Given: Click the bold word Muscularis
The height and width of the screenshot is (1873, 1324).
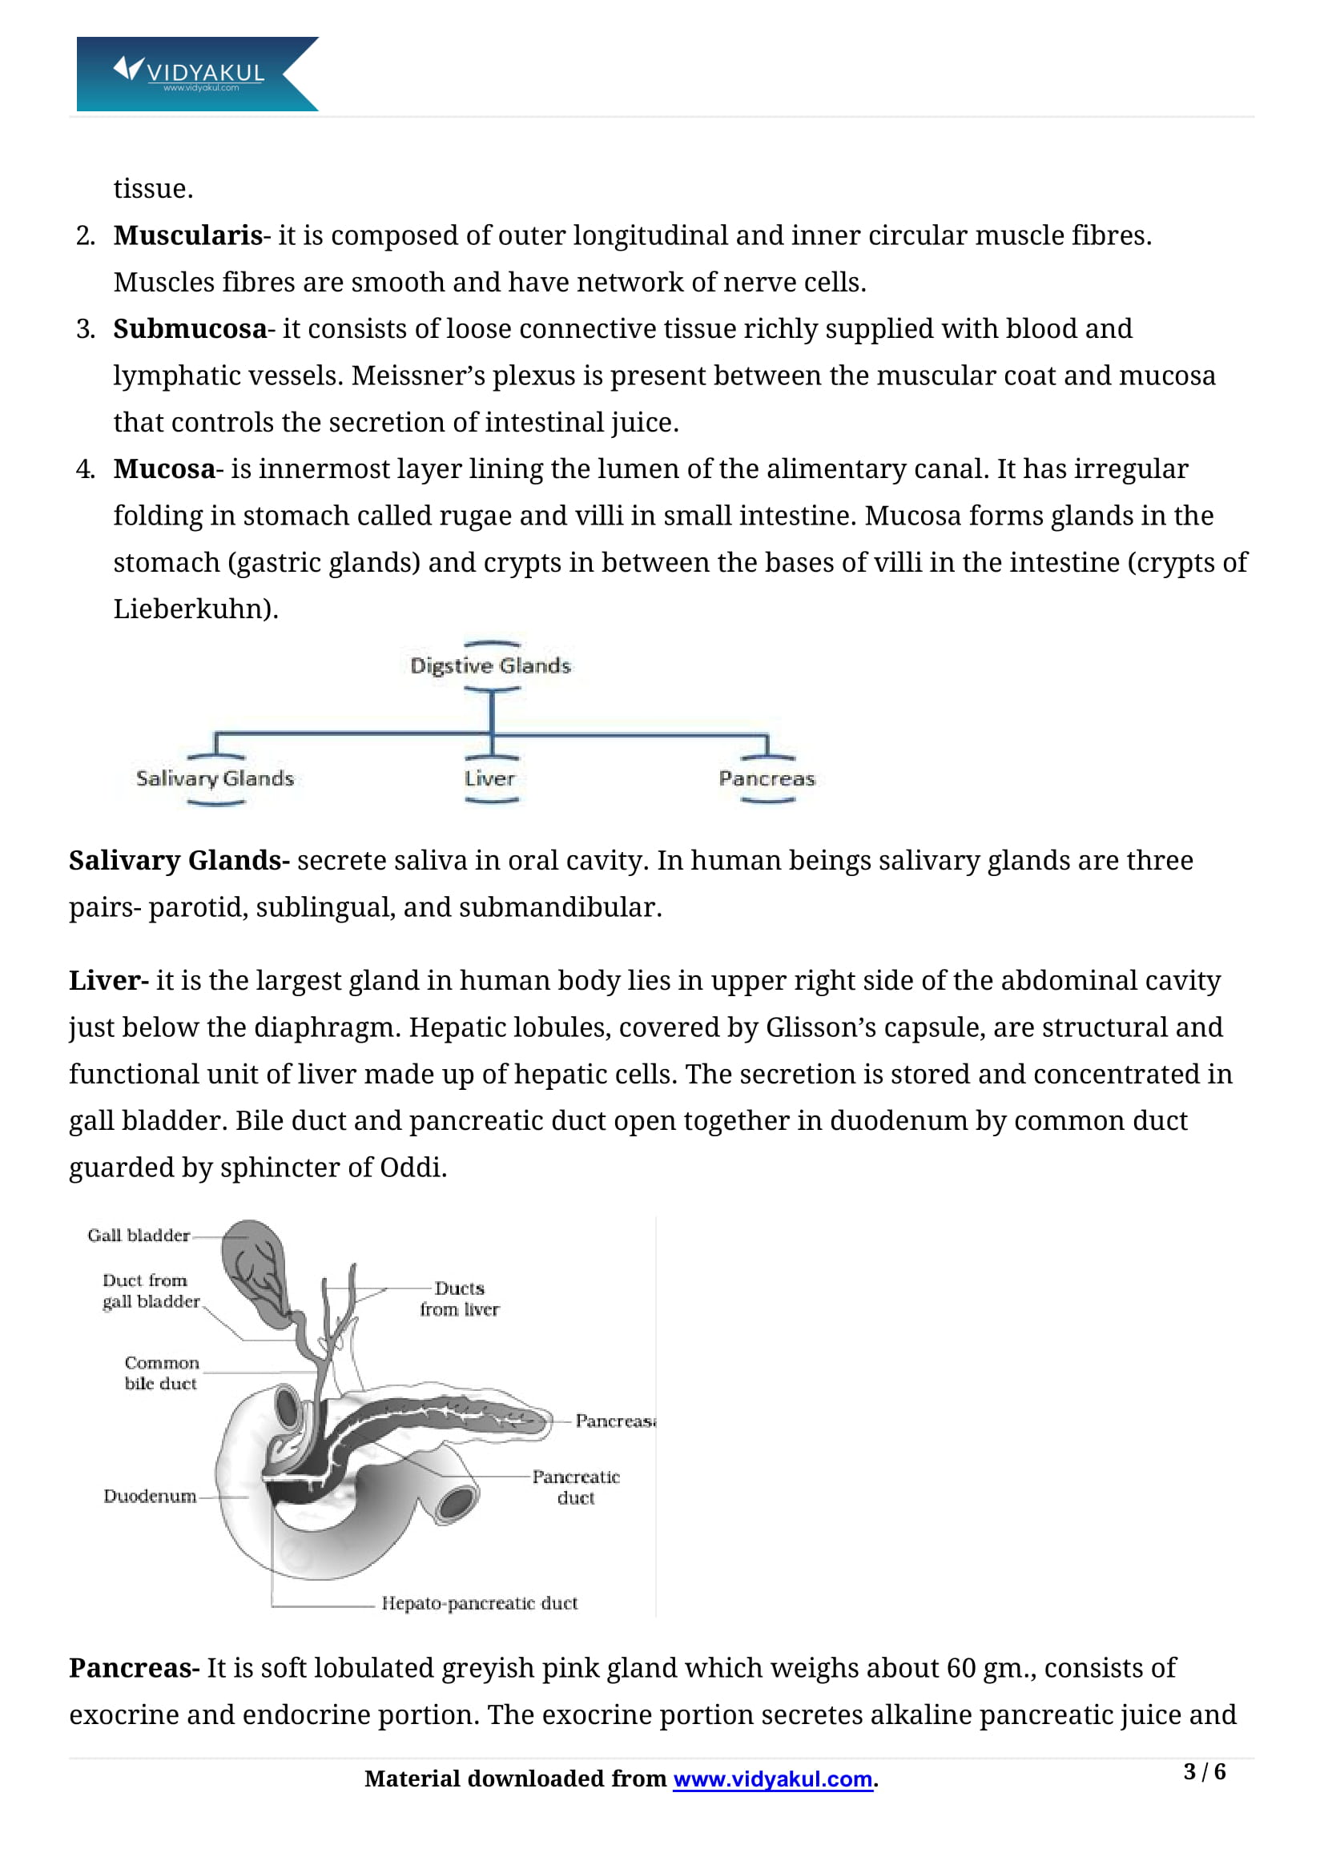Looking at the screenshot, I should click(187, 235).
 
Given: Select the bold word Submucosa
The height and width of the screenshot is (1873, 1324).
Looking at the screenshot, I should click(190, 329).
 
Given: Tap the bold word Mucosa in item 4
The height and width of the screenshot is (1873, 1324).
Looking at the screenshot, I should click(164, 469).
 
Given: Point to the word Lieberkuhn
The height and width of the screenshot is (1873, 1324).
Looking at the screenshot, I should click(193, 609).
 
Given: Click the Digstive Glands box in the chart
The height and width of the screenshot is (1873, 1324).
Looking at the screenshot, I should click(490, 665).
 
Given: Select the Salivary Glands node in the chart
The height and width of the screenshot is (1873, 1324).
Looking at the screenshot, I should click(215, 778).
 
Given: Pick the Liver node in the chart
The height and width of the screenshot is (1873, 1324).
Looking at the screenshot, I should click(490, 778).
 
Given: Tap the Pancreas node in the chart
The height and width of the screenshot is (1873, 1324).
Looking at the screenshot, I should click(767, 778).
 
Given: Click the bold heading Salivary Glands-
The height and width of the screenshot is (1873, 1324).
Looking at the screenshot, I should click(179, 861).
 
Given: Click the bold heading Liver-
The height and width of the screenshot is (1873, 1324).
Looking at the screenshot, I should click(108, 981).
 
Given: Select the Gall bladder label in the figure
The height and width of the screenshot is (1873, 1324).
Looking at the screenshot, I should click(139, 1235).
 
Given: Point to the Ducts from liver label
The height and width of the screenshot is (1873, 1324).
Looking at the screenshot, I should click(459, 1298).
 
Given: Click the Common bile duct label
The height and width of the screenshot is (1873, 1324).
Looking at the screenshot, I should click(162, 1373).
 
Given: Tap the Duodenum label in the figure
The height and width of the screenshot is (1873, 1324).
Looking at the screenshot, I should click(149, 1496).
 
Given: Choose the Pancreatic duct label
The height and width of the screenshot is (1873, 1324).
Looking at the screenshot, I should click(576, 1487).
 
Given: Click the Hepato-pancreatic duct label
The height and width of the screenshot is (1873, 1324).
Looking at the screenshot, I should click(480, 1603).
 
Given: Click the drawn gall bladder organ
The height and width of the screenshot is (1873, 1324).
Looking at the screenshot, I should click(256, 1268).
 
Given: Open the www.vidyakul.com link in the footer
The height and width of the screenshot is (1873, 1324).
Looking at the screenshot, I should click(773, 1779).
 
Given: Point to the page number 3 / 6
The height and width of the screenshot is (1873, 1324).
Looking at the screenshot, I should click(1205, 1771).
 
